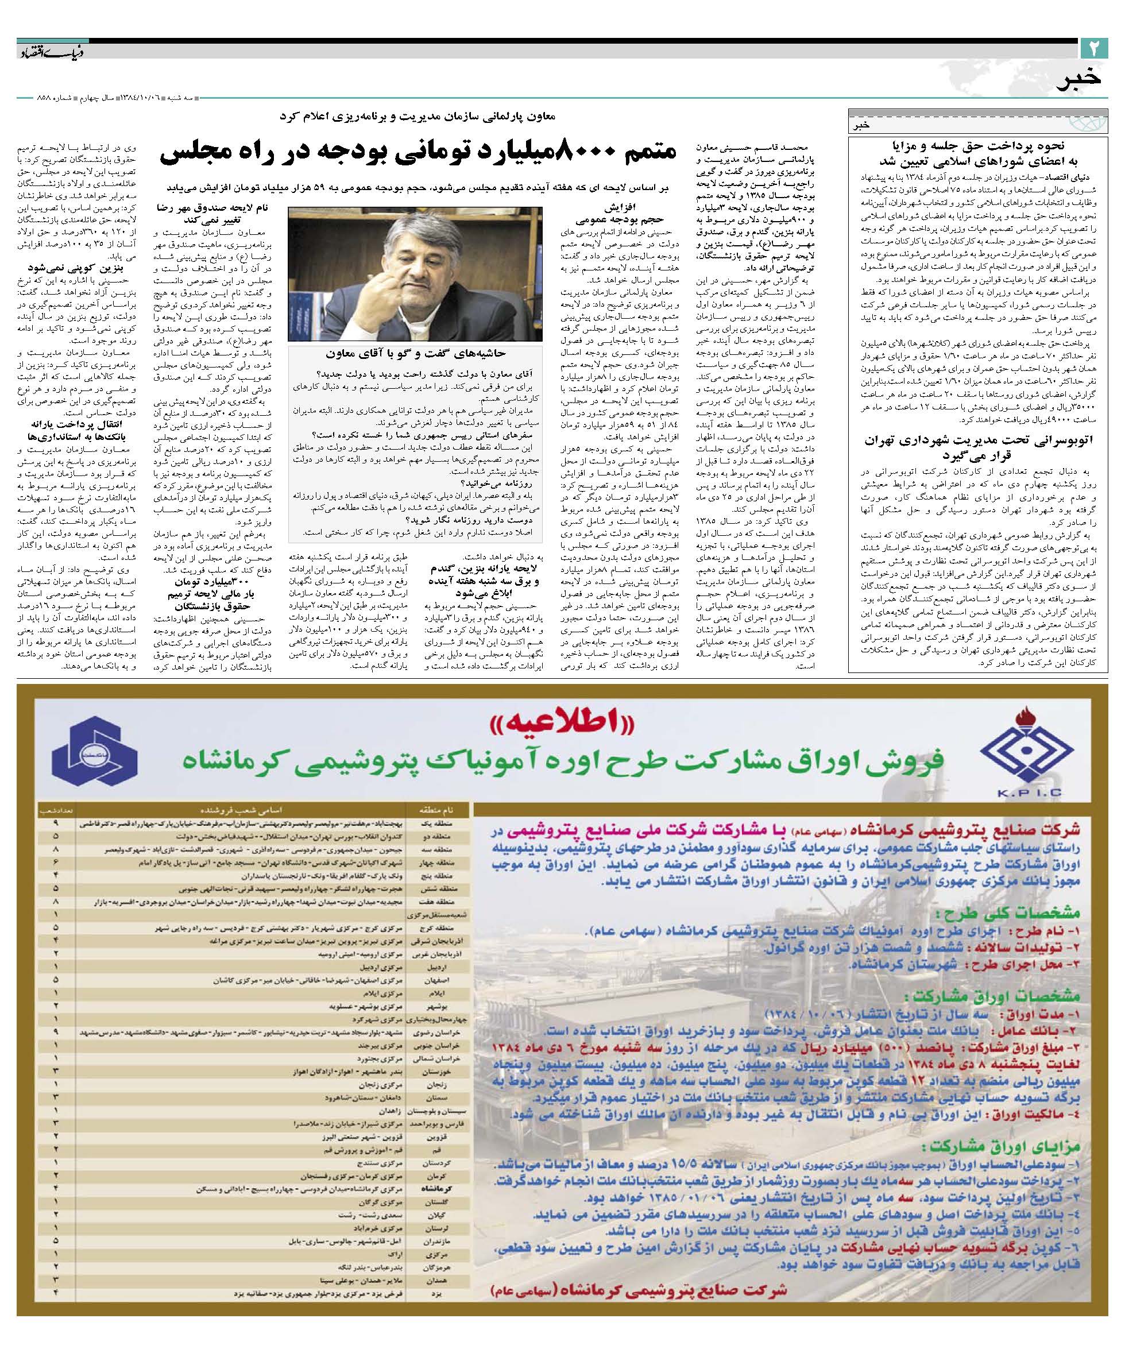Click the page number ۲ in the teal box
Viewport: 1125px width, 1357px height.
click(x=1094, y=48)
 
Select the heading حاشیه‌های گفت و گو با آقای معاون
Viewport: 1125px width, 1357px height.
click(x=413, y=354)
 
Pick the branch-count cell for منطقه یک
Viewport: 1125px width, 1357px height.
click(x=57, y=824)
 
